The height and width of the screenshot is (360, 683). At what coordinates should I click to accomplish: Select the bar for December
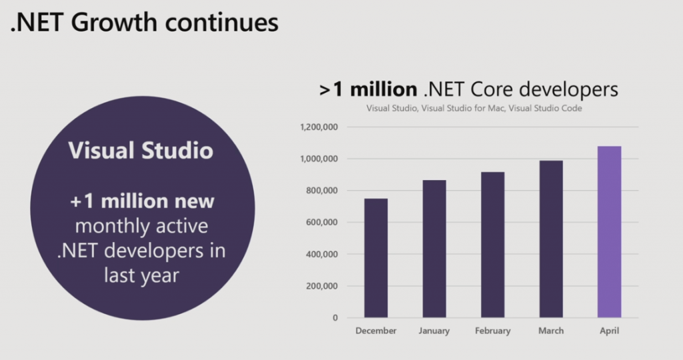[376, 258]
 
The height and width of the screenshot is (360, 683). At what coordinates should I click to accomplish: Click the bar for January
[434, 249]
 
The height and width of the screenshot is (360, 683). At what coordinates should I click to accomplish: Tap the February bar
[493, 245]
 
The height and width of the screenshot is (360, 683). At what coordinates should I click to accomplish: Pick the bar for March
[551, 239]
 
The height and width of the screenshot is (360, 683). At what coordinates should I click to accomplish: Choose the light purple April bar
[610, 232]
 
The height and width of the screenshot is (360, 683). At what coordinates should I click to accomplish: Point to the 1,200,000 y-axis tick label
[319, 127]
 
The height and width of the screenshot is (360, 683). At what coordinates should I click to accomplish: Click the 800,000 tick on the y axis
[321, 191]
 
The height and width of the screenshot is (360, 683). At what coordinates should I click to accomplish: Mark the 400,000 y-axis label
[321, 254]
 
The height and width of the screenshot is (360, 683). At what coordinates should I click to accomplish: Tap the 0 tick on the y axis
[335, 318]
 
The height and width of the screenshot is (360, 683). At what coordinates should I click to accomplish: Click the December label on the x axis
[376, 331]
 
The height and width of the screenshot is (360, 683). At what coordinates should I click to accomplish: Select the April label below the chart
[610, 331]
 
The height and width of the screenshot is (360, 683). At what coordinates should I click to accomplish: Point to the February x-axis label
[493, 331]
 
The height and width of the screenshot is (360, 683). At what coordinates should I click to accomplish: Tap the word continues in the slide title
[221, 23]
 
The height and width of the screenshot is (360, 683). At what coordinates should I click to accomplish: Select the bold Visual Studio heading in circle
[141, 150]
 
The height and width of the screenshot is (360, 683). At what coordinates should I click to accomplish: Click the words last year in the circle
[141, 275]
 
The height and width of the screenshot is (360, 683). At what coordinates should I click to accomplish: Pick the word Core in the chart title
[493, 89]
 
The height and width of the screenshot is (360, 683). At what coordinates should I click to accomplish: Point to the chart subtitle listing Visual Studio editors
[474, 108]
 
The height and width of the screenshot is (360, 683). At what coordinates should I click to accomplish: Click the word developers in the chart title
[569, 90]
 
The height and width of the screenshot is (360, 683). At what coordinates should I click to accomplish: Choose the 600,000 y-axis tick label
[321, 223]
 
